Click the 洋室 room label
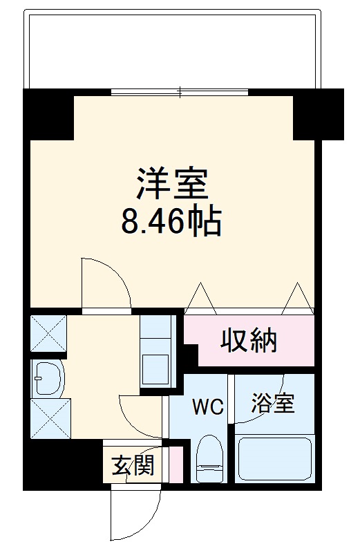point(171,185)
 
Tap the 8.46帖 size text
point(171,223)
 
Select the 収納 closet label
point(249,340)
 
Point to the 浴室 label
point(272,403)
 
